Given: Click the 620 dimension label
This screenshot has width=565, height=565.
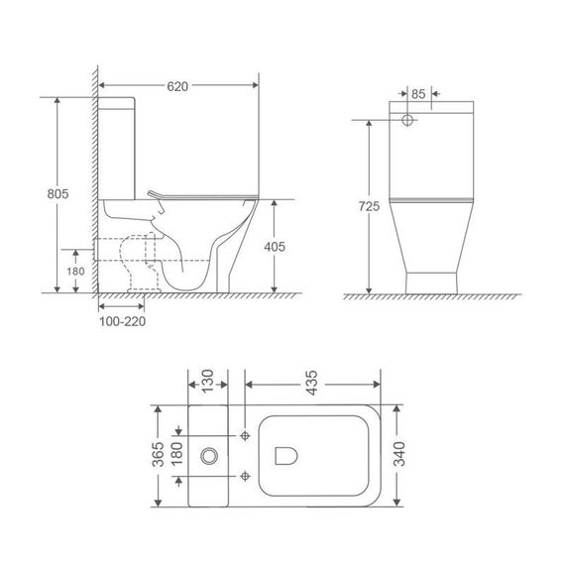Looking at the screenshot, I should tap(178, 87).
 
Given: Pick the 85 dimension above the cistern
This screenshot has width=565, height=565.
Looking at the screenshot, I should tap(418, 95).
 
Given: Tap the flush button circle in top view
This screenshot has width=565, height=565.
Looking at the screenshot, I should tap(209, 457).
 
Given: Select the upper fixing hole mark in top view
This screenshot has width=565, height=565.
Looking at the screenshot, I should tap(244, 433).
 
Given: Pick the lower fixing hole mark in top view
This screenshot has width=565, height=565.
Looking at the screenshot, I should tap(244, 479).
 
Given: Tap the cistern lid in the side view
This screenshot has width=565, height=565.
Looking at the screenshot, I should tap(117, 102).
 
